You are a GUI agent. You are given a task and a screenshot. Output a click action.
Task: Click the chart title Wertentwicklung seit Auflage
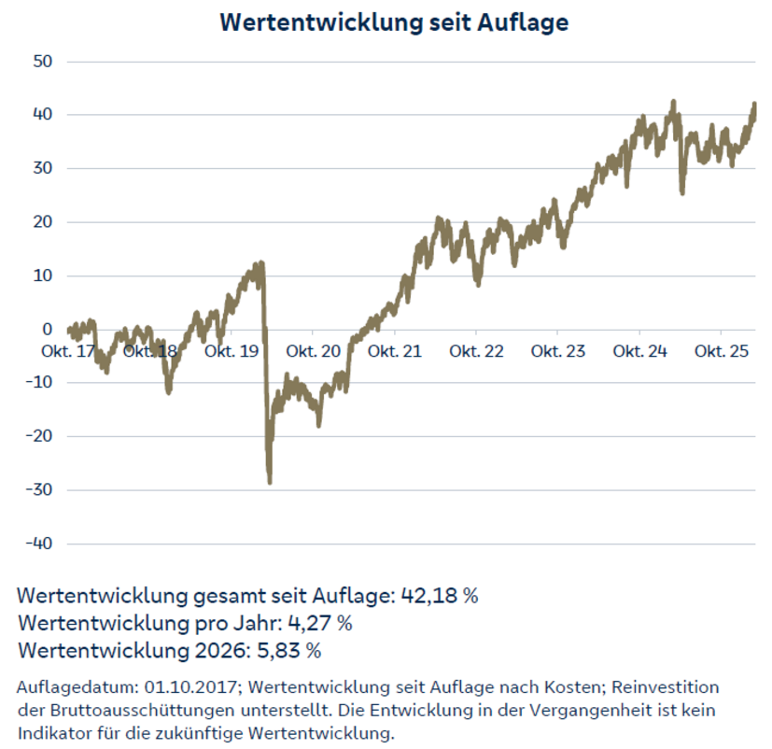(x=394, y=22)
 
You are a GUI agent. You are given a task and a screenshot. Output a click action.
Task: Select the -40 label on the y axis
(x=41, y=544)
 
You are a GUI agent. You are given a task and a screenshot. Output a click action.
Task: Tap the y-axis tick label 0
(x=47, y=330)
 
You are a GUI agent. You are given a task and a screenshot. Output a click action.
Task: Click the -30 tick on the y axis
(x=41, y=490)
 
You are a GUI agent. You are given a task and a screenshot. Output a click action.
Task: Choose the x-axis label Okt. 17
(x=68, y=352)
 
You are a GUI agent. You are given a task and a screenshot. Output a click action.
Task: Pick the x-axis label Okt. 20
(x=314, y=352)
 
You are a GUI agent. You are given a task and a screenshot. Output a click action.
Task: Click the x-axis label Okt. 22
(x=476, y=352)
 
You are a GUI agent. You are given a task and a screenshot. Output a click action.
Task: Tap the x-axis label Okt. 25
(x=722, y=352)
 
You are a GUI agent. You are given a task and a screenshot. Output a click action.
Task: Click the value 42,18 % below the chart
(x=439, y=596)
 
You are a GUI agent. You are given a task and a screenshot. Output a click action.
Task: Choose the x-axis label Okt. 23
(x=558, y=352)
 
